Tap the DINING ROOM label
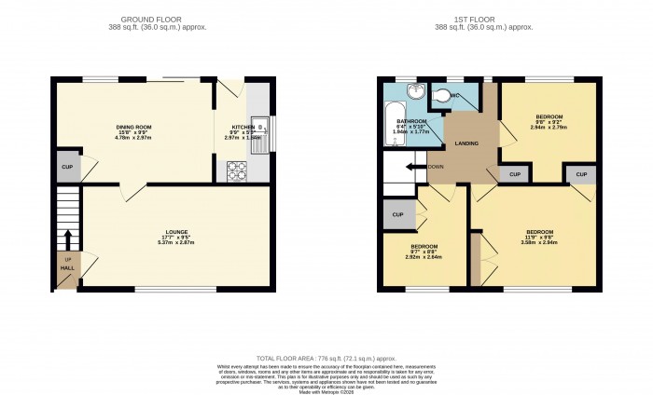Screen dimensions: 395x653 point(134,126)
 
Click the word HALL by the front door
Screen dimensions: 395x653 point(67,266)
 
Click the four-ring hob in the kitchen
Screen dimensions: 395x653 point(236,170)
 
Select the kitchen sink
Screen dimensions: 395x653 point(263,125)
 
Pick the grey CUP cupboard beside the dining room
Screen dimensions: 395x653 point(67,167)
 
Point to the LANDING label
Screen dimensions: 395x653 point(466,143)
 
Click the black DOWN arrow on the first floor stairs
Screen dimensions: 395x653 point(411,167)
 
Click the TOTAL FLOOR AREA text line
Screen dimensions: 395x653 point(326,358)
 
